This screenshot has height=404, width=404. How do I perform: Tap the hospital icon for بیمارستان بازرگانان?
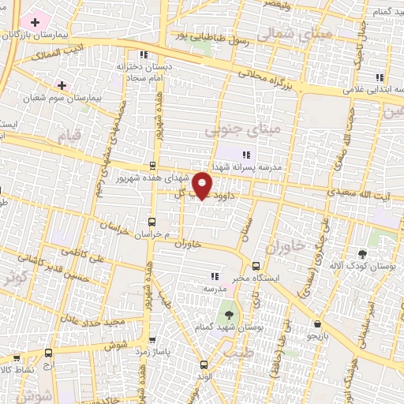(x=35, y=20)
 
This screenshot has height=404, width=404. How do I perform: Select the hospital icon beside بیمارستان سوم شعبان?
(x=62, y=84)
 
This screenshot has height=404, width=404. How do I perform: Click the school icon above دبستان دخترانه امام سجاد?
(x=143, y=54)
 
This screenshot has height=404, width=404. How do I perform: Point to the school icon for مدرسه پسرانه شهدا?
(x=246, y=155)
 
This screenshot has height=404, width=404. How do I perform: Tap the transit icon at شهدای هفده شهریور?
(x=152, y=166)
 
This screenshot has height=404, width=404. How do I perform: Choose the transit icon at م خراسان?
(x=152, y=223)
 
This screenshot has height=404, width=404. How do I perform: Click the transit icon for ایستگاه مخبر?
(x=256, y=265)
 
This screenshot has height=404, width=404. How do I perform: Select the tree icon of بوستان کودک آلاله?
(x=362, y=254)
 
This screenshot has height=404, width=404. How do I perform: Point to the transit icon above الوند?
(x=204, y=365)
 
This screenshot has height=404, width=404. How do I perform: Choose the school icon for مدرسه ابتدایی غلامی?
(x=380, y=77)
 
